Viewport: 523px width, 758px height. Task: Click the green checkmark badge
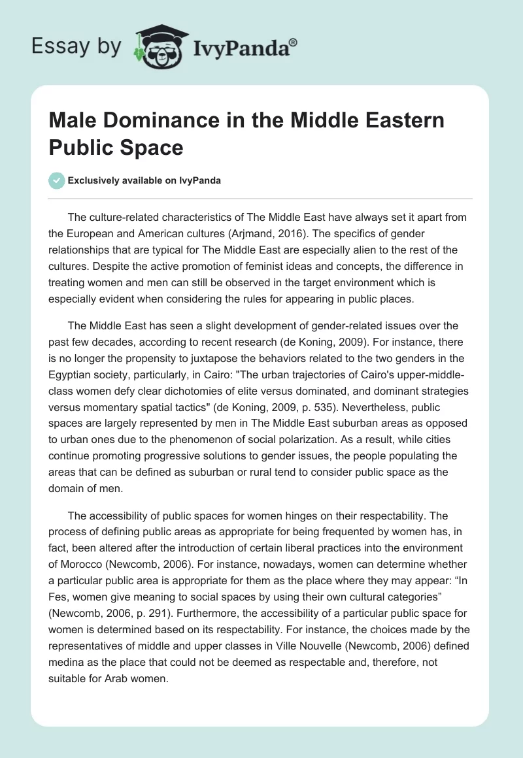(x=57, y=181)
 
